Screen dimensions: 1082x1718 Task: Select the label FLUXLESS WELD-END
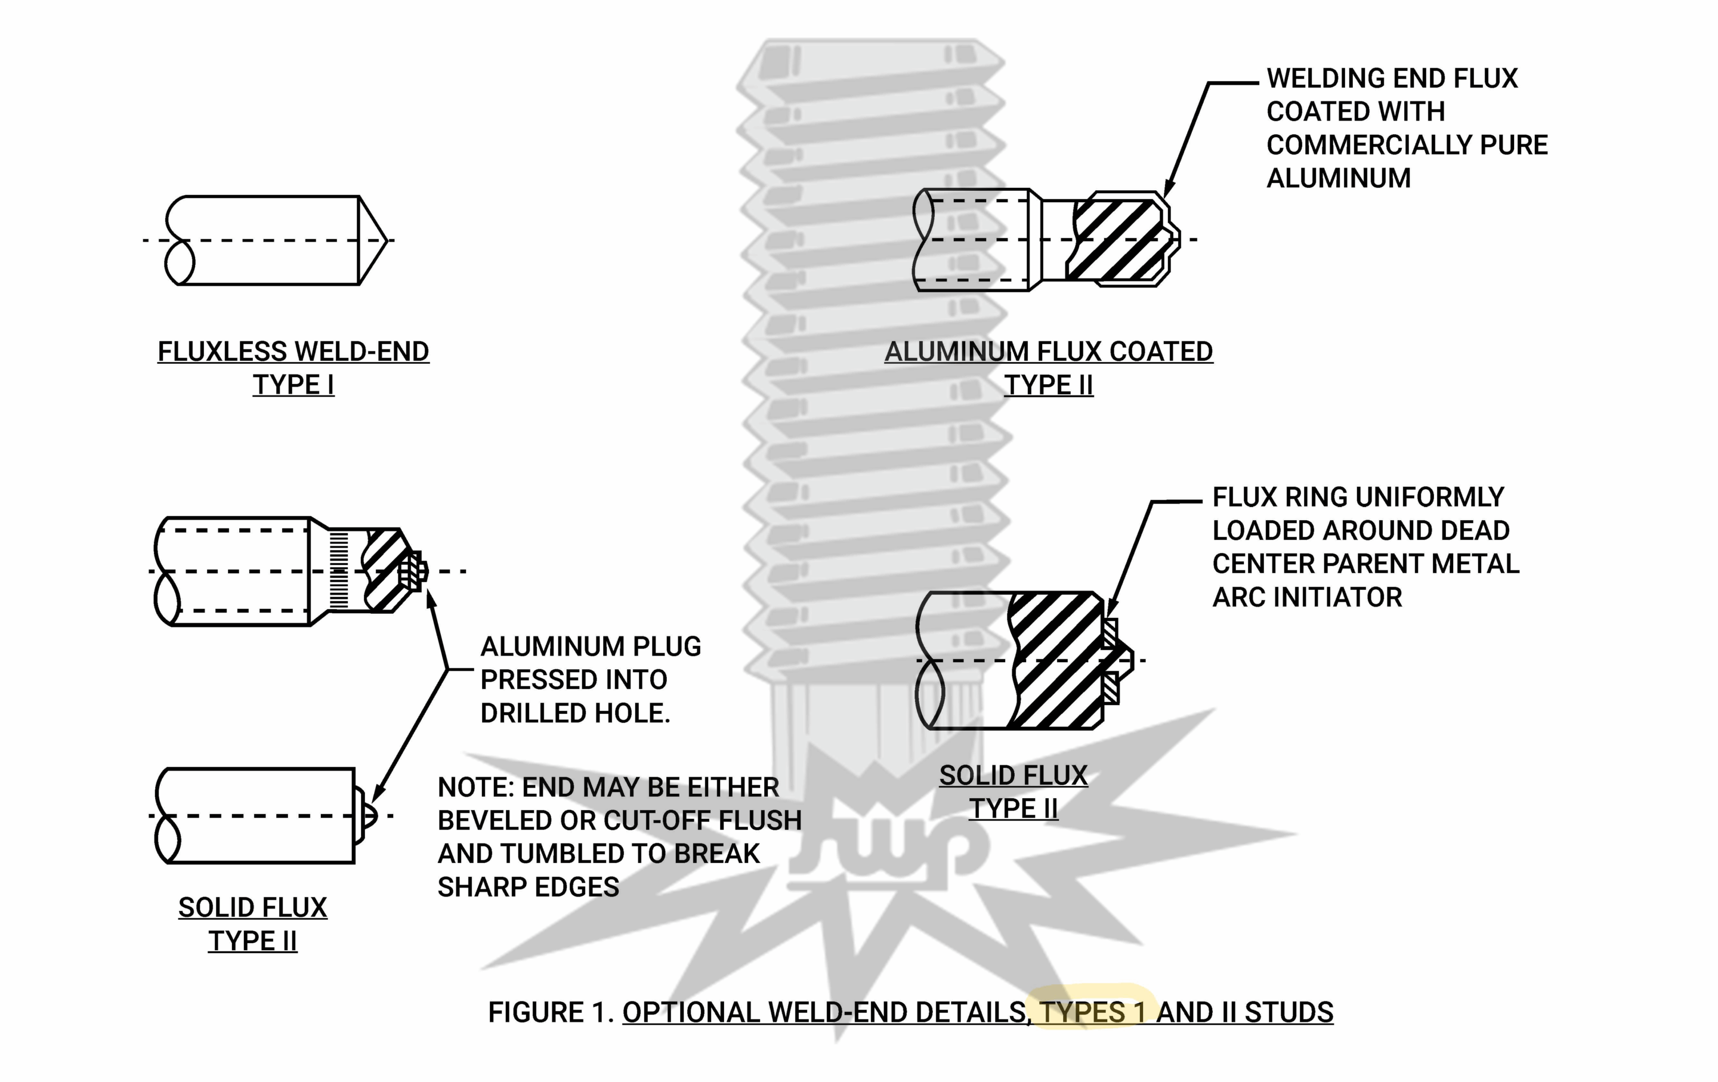(293, 352)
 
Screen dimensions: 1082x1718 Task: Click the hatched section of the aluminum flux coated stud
(1117, 240)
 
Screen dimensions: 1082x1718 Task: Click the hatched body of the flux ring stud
(1056, 660)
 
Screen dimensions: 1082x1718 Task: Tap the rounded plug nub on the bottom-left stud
(368, 815)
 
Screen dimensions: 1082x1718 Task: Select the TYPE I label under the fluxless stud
(293, 385)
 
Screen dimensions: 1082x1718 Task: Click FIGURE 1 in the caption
(551, 1013)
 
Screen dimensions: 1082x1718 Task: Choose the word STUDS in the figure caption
(1288, 1013)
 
